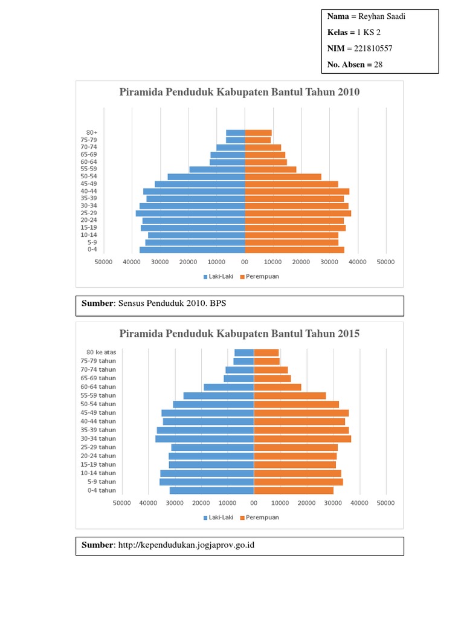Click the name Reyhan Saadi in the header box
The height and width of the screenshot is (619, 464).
tap(384, 16)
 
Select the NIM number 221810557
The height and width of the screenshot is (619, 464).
tap(375, 48)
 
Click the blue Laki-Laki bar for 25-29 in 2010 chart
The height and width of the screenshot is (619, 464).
tap(190, 213)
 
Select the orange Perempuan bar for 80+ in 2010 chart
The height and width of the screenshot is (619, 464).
tap(258, 132)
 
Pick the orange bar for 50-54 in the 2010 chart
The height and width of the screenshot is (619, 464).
tap(283, 177)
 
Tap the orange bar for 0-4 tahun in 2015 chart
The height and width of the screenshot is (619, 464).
tap(294, 490)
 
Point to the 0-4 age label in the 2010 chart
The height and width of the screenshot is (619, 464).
tap(92, 249)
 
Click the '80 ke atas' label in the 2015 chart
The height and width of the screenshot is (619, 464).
tap(101, 352)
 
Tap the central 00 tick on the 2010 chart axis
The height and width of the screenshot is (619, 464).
tap(245, 262)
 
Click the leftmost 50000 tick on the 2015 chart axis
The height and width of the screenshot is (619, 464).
tap(122, 502)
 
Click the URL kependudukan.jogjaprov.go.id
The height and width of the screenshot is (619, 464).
tap(187, 545)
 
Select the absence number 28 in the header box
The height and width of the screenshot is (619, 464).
tap(378, 65)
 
